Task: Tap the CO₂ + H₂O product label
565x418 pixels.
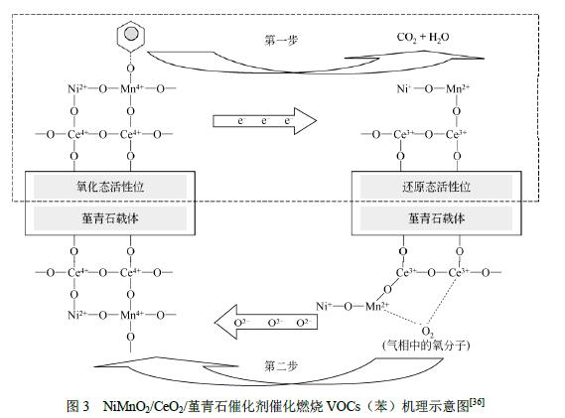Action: point(423,38)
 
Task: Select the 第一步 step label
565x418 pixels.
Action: point(281,40)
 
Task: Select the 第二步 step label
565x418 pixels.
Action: point(281,366)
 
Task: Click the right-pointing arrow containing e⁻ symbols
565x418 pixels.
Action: point(265,121)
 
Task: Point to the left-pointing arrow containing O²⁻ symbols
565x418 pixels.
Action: point(266,322)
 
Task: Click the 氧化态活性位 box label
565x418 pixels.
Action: point(110,187)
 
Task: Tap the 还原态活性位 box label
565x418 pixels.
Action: point(436,187)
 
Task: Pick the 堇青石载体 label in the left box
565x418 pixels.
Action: point(110,218)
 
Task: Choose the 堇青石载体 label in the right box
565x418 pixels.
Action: point(436,218)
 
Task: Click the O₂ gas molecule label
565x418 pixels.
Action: point(427,332)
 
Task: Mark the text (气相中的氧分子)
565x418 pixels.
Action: point(426,346)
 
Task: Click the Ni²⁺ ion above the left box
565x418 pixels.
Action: point(77,88)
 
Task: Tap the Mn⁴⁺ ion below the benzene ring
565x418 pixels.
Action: point(132,88)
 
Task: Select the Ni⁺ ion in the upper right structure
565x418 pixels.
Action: point(404,88)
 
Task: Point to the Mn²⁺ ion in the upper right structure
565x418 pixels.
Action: point(458,88)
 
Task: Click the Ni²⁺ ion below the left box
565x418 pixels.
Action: point(77,315)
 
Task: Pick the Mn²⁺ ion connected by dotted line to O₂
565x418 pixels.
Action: point(377,306)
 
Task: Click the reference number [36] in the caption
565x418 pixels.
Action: point(477,401)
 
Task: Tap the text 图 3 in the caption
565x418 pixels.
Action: point(77,406)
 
